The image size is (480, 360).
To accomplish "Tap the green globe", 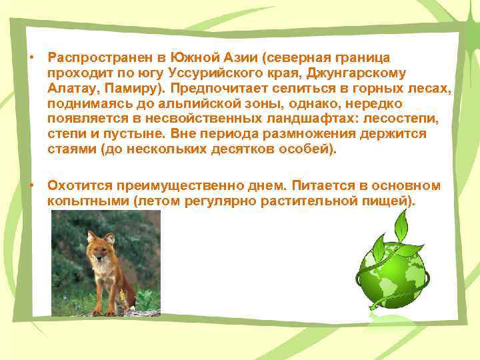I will coord(393,275).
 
